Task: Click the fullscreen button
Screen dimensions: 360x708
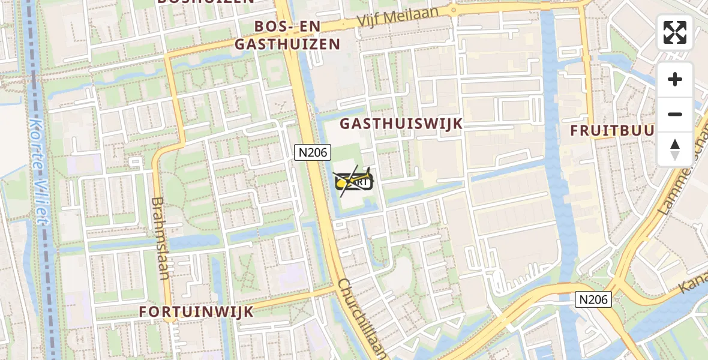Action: coord(675,32)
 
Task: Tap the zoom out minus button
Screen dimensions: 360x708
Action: coord(675,114)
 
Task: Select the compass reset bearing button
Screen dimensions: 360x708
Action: coord(675,149)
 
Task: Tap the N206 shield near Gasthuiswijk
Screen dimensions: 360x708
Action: coord(313,152)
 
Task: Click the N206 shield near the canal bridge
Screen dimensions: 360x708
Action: coord(593,299)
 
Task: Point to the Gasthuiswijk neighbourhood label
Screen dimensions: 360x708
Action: coord(401,124)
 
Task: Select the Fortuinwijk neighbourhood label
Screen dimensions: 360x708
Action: coord(196,311)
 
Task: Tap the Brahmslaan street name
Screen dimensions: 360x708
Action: coord(158,239)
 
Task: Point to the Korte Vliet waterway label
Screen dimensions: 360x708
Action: coord(38,170)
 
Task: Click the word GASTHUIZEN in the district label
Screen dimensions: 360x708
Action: coord(287,44)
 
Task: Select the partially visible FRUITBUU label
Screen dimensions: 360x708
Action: coord(612,130)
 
